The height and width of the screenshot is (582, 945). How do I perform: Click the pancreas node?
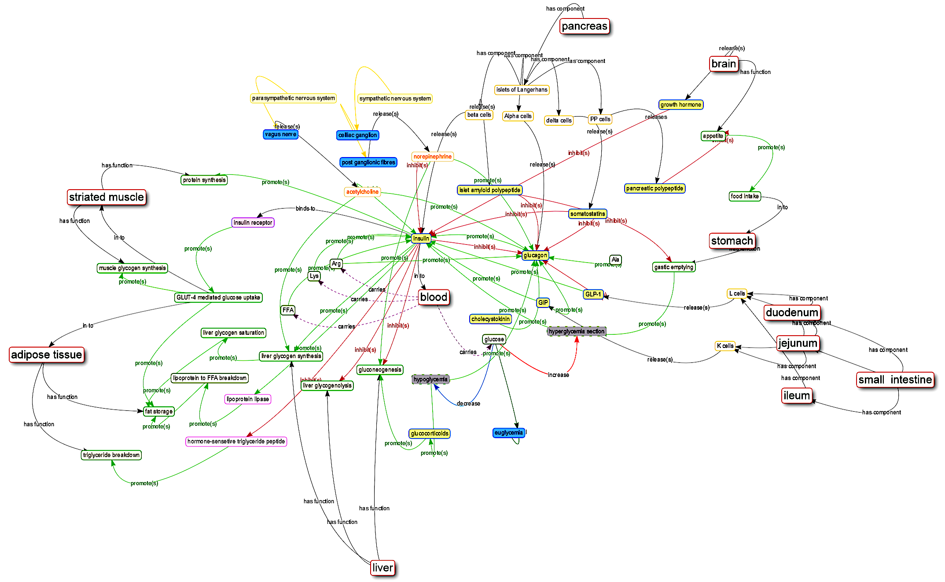(x=584, y=26)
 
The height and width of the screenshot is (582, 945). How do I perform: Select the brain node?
(x=724, y=64)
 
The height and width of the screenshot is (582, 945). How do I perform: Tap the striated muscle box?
(x=107, y=197)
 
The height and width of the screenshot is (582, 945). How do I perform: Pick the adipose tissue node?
(x=47, y=355)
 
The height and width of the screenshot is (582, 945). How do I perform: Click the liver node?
(x=382, y=568)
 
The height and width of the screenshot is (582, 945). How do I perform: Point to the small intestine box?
(x=895, y=380)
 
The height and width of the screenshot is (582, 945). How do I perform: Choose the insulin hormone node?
(x=421, y=238)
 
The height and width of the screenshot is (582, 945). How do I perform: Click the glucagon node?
(x=535, y=255)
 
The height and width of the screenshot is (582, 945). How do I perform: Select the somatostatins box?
(x=588, y=214)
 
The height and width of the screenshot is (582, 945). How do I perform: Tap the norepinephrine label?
(x=432, y=157)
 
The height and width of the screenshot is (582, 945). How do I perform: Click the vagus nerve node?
(x=280, y=135)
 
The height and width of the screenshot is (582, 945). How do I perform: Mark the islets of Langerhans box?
(x=522, y=90)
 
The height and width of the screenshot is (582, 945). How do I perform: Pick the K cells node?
(x=725, y=346)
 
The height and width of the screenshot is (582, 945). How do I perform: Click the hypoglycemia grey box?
(x=430, y=379)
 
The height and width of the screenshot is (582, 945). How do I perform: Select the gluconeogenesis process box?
(x=380, y=370)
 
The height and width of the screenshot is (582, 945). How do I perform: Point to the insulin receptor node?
(x=253, y=223)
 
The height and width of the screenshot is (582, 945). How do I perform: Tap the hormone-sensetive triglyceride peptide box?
(x=236, y=441)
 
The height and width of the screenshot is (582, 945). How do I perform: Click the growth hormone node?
(x=680, y=105)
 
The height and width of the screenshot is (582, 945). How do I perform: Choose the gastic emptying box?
(x=673, y=267)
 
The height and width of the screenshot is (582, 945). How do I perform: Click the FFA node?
(x=288, y=310)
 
